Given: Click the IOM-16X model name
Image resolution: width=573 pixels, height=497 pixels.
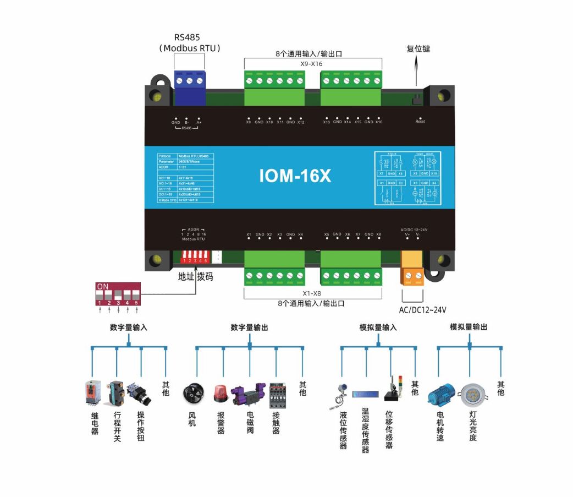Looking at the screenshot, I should (x=295, y=176).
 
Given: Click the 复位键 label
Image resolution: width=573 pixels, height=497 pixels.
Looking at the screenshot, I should (x=418, y=49).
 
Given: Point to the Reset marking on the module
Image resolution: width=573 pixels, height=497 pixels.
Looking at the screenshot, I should (x=420, y=122).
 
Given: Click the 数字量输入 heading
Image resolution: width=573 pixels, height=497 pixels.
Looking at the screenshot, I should (x=129, y=327).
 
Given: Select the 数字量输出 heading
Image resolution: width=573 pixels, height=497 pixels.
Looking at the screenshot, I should (x=249, y=327).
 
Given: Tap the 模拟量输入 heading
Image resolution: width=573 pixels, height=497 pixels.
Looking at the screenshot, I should (x=378, y=327).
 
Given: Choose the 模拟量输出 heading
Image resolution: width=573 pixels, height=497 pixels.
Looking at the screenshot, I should (x=469, y=327).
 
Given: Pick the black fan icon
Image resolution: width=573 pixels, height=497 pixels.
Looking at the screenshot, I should (x=192, y=393).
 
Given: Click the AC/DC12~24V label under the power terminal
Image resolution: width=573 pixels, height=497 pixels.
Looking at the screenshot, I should (x=423, y=310).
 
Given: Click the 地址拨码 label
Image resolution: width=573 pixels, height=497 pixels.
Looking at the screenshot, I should (x=195, y=277).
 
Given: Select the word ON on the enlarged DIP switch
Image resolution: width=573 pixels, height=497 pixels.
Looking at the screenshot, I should (x=102, y=287).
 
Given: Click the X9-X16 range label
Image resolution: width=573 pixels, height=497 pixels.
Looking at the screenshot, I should (x=311, y=64).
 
